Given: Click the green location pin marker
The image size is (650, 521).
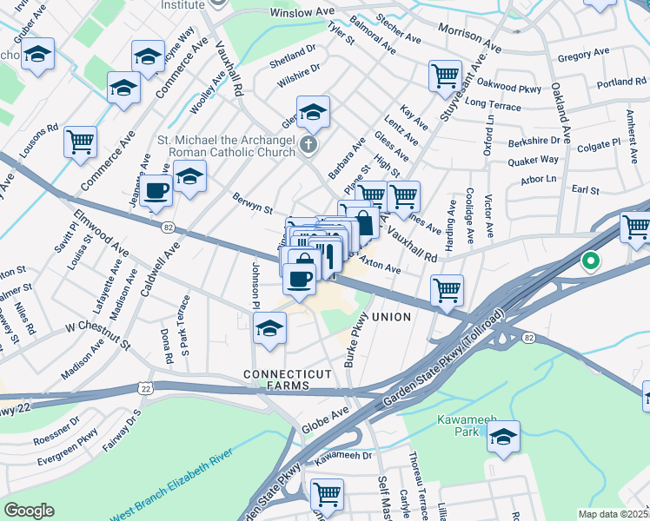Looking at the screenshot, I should [591, 260].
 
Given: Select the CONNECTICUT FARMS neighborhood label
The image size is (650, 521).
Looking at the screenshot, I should [287, 379].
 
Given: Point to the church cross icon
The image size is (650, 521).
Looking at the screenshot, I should [309, 144].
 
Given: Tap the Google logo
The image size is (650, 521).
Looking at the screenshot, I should [30, 511].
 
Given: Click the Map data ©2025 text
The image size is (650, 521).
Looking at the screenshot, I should [613, 514].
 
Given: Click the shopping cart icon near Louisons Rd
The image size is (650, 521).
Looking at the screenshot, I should [80, 141].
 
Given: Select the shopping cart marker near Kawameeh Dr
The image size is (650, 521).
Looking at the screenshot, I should [327, 494].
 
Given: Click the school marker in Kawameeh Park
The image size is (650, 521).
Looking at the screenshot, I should [503, 438].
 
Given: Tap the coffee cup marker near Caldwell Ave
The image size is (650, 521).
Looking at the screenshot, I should [156, 190].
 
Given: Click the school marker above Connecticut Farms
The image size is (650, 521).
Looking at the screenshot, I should [269, 328].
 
